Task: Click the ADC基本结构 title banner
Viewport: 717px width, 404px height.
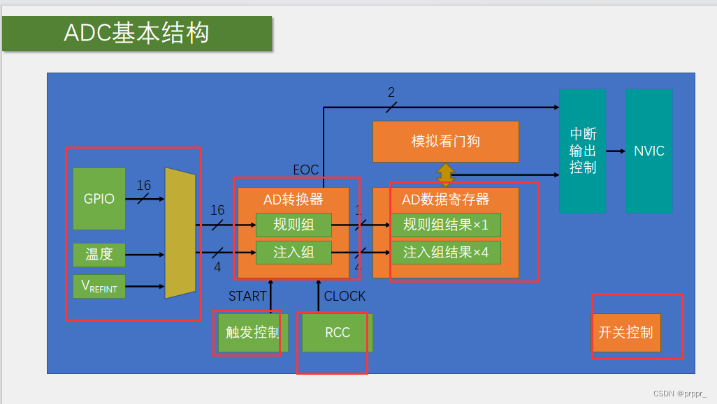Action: (x=137, y=33)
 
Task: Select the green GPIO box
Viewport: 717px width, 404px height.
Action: (x=99, y=199)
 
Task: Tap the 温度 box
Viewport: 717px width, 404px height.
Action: (x=99, y=255)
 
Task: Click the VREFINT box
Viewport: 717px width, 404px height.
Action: (x=99, y=286)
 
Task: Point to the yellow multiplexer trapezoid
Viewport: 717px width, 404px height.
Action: (x=180, y=233)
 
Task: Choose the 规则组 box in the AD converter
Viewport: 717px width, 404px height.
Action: (x=294, y=225)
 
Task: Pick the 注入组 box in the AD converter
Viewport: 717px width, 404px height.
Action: (x=294, y=253)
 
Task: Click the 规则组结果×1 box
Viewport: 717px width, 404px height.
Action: (x=445, y=225)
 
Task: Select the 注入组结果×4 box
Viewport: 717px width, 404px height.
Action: (x=445, y=253)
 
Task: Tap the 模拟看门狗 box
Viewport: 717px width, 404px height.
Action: (x=445, y=142)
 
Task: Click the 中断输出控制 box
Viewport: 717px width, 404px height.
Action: (x=583, y=151)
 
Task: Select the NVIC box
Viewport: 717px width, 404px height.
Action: (x=649, y=151)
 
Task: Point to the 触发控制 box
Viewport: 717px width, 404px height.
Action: (x=252, y=333)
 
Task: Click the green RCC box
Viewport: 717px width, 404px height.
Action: (x=338, y=333)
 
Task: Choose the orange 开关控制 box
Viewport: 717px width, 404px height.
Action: (x=626, y=333)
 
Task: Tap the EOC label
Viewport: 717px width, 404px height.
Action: (x=305, y=170)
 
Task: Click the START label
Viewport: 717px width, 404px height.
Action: (x=247, y=297)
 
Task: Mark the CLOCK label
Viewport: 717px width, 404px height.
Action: (x=345, y=297)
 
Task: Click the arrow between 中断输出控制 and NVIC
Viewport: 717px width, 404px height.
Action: (x=616, y=151)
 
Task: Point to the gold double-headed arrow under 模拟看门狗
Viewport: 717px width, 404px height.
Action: (x=445, y=174)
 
